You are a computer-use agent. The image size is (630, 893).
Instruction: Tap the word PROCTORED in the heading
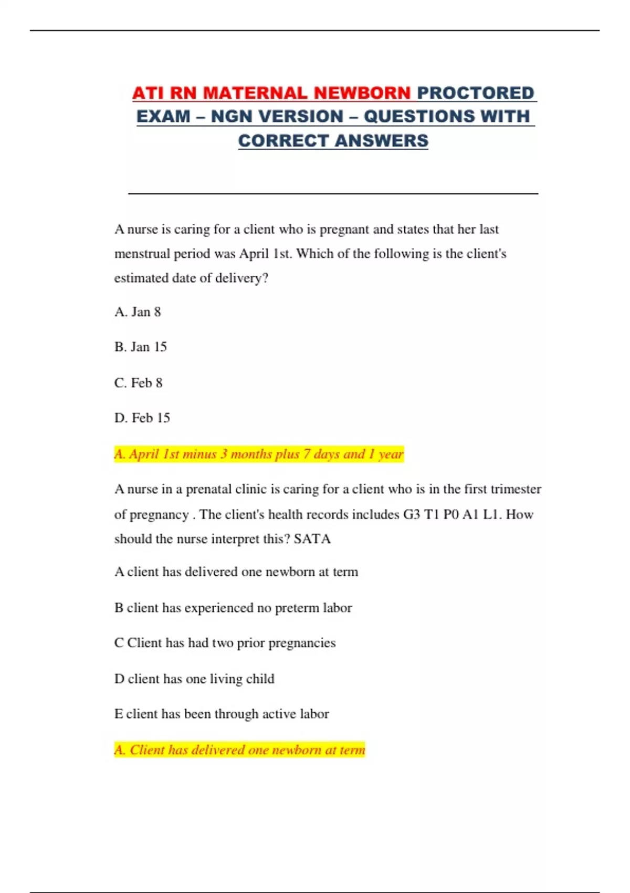(476, 93)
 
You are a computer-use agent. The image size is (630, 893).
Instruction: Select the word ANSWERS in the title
(381, 141)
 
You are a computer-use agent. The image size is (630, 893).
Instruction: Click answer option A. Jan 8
(138, 312)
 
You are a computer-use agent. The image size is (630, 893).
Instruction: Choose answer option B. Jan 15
(141, 347)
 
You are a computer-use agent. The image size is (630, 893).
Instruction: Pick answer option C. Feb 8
(139, 383)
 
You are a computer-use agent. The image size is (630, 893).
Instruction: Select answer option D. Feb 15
(142, 418)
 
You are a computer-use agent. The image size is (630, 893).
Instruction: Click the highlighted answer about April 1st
(259, 454)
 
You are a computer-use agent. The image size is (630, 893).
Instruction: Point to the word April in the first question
(255, 254)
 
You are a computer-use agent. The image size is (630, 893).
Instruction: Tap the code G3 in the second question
(412, 514)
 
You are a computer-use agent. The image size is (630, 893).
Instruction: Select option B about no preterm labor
(233, 608)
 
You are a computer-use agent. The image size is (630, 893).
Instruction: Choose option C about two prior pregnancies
(225, 643)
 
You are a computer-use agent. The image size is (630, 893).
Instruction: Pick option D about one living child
(194, 679)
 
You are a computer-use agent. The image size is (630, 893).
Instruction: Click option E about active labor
(222, 714)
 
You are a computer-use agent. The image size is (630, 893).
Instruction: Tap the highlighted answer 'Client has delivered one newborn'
(239, 750)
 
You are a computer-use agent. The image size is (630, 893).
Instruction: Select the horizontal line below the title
(333, 194)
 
